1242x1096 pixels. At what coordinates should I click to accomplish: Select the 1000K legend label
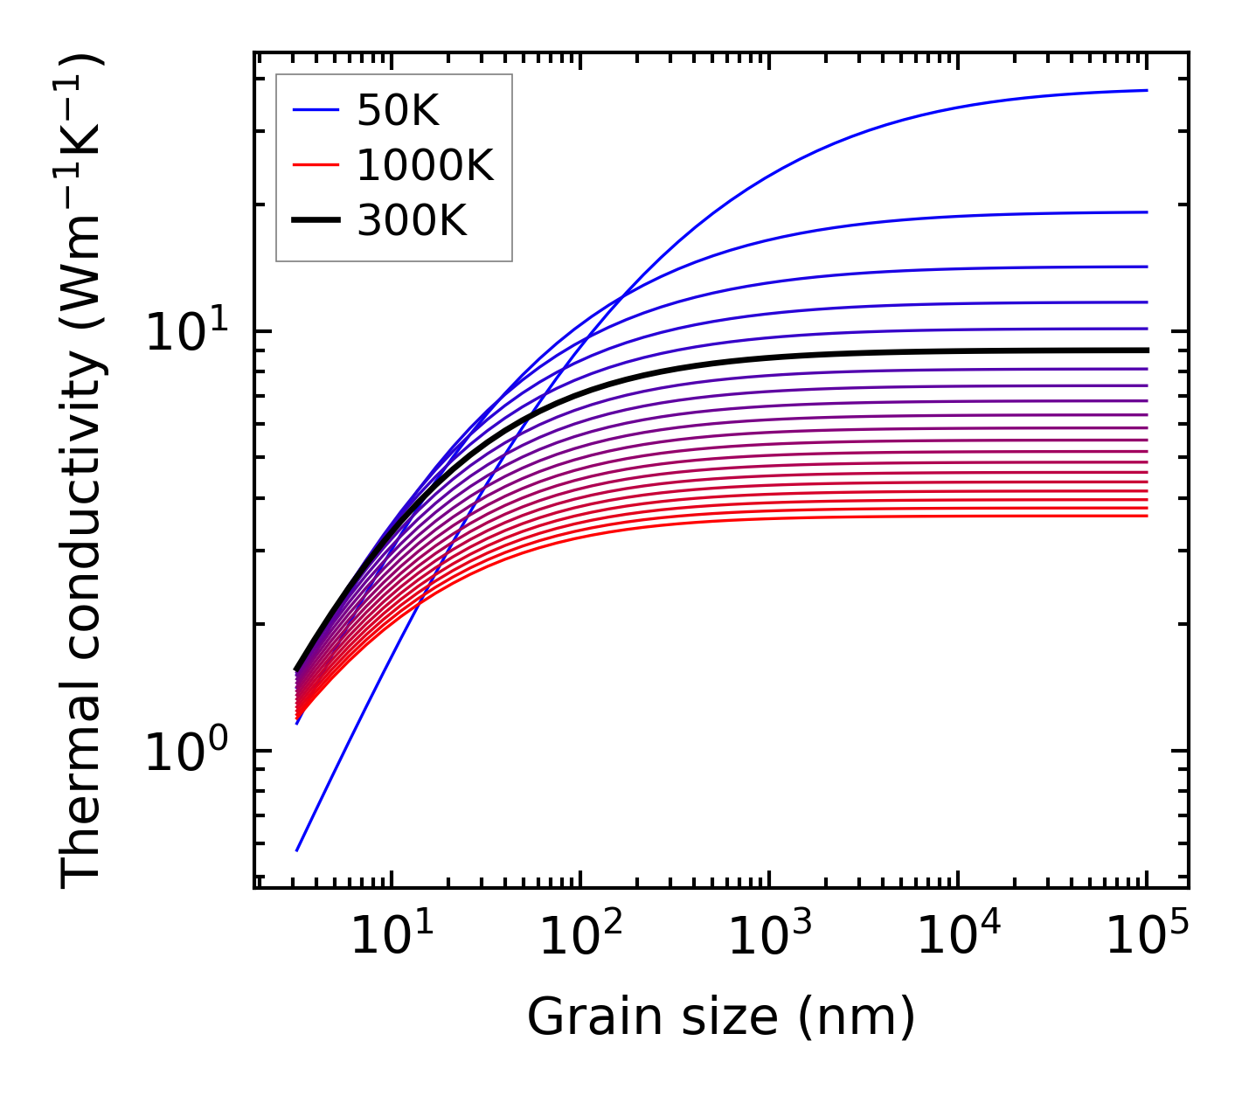(x=425, y=165)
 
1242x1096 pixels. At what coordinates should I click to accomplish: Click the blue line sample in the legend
(x=315, y=110)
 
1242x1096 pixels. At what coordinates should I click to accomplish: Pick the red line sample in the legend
(x=315, y=165)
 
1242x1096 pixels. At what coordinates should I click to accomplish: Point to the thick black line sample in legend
(x=315, y=220)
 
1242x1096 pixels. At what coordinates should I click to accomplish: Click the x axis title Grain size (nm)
(x=721, y=1018)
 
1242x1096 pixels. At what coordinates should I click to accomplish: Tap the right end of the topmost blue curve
(x=1147, y=90)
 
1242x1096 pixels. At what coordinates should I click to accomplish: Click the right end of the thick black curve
(x=1147, y=350)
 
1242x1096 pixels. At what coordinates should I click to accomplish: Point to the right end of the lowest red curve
(x=1147, y=516)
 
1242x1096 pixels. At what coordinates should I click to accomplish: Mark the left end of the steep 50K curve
(x=297, y=850)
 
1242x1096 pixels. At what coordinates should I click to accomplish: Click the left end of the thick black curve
(x=296, y=669)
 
